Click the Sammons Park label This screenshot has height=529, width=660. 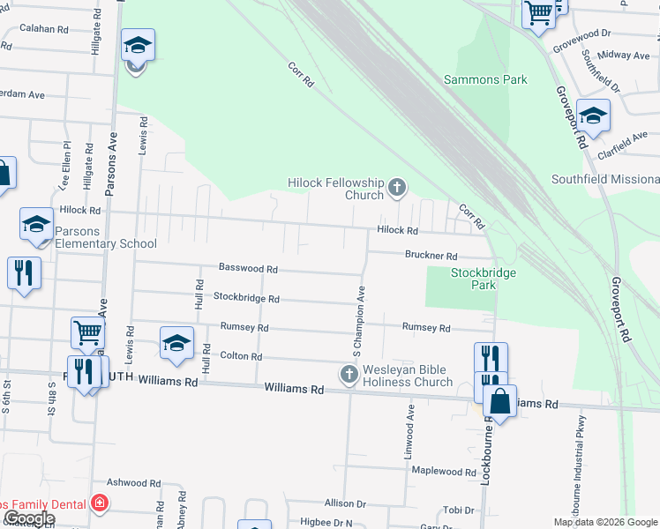pyautogui.click(x=485, y=79)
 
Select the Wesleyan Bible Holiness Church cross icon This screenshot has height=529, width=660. pyautogui.click(x=349, y=376)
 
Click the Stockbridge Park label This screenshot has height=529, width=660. pyautogui.click(x=484, y=279)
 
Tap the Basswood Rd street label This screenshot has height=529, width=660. pyautogui.click(x=248, y=268)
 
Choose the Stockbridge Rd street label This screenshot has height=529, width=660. pyautogui.click(x=246, y=298)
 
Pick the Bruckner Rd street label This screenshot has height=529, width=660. pyautogui.click(x=431, y=256)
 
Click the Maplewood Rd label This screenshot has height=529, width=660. pyautogui.click(x=443, y=472)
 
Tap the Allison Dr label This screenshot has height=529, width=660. pyautogui.click(x=345, y=503)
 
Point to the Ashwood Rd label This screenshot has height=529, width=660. pyautogui.click(x=133, y=483)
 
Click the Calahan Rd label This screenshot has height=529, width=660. pyautogui.click(x=44, y=29)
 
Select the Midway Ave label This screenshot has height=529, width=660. pyautogui.click(x=624, y=56)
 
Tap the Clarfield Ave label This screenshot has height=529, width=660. pyautogui.click(x=622, y=145)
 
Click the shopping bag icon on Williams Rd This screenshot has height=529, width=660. pyautogui.click(x=499, y=401)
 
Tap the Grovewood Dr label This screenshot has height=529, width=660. pyautogui.click(x=582, y=34)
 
